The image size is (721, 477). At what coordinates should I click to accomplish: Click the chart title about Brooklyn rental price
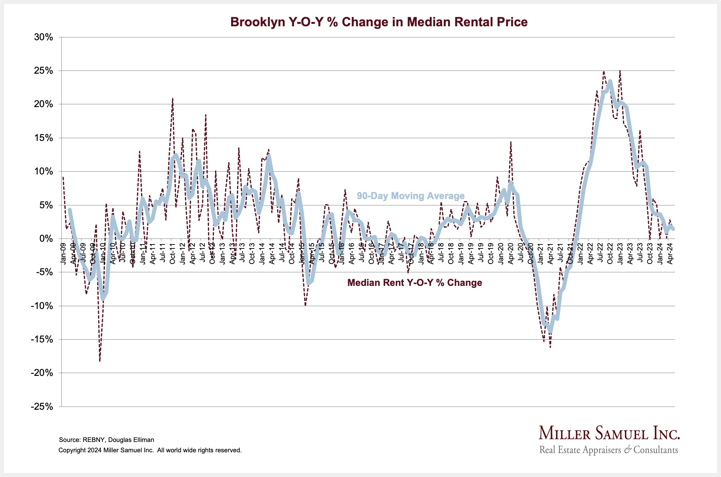379,22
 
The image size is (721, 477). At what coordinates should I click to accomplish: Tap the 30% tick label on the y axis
43,37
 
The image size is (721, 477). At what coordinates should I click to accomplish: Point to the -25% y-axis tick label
42,407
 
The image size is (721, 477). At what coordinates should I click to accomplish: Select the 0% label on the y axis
45,239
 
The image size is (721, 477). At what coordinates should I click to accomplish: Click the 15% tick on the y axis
43,138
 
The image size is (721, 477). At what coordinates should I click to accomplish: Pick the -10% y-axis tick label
42,306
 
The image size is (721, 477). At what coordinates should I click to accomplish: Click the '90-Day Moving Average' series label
410,196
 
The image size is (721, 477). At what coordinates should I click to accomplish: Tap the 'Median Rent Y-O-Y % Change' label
414,283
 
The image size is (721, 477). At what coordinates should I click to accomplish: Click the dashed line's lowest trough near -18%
100,361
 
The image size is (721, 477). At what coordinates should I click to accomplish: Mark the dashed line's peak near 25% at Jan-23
620,71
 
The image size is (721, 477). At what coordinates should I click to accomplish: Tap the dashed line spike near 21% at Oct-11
172,98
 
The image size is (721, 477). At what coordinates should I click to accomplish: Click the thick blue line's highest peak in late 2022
610,82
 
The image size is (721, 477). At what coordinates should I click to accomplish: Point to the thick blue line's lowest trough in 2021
551,330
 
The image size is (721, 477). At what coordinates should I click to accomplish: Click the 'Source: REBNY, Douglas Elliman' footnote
106,440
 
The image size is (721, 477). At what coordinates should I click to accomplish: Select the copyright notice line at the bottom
150,450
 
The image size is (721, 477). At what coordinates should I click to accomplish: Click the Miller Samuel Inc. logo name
609,433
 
